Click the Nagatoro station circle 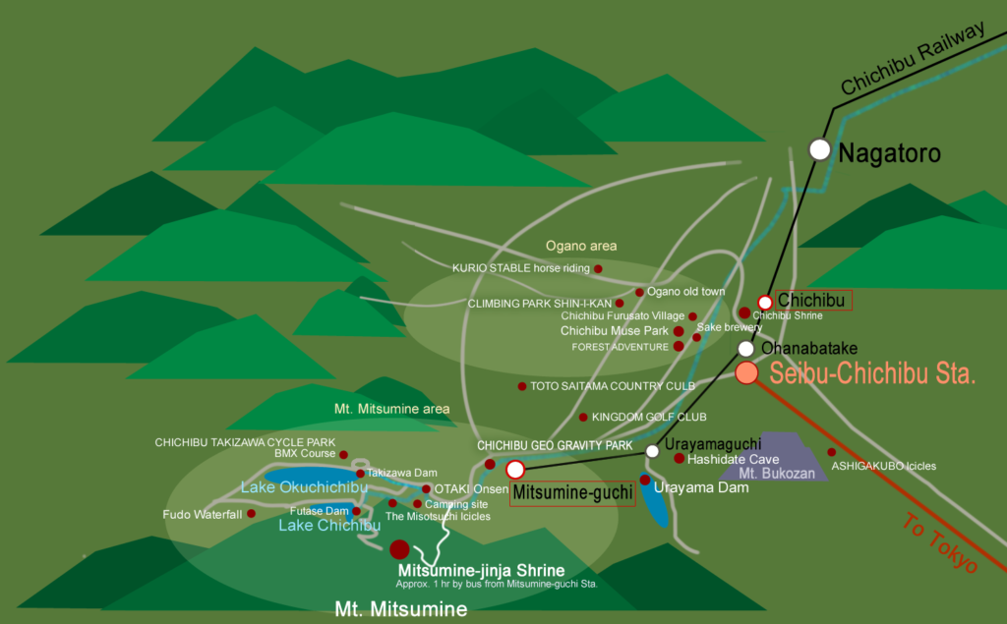click(820, 149)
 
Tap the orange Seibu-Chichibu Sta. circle click(746, 372)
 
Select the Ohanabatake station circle click(746, 349)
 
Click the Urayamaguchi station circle click(652, 451)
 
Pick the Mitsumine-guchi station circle click(515, 470)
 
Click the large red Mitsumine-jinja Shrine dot click(399, 549)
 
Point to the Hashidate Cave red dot click(679, 458)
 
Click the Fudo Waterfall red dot click(252, 513)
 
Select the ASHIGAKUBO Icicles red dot click(831, 452)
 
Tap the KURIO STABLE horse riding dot click(598, 267)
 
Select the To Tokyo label click(939, 545)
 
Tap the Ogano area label click(581, 246)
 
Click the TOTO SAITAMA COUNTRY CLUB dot click(522, 386)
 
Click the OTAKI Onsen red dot click(426, 488)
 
